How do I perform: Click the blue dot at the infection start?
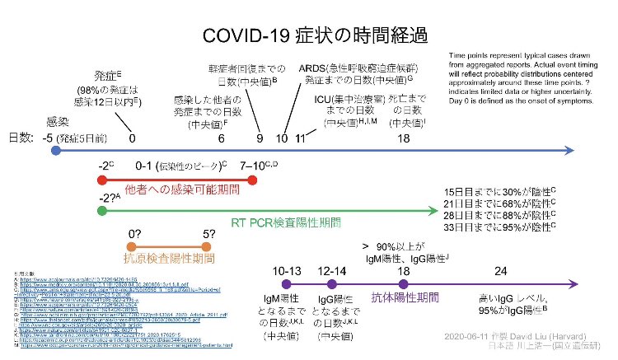[54, 151]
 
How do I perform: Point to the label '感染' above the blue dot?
[59, 119]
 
